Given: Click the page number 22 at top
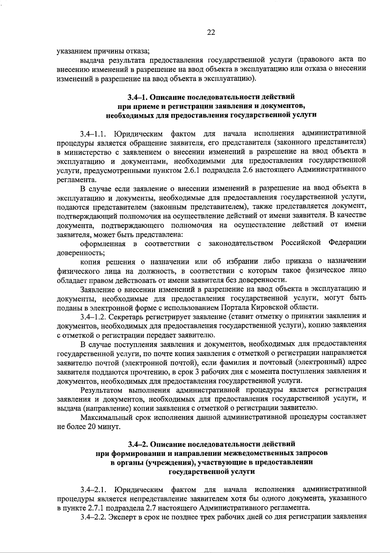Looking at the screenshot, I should tap(211, 32).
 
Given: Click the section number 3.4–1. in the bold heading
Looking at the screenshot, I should tap(137, 97).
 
